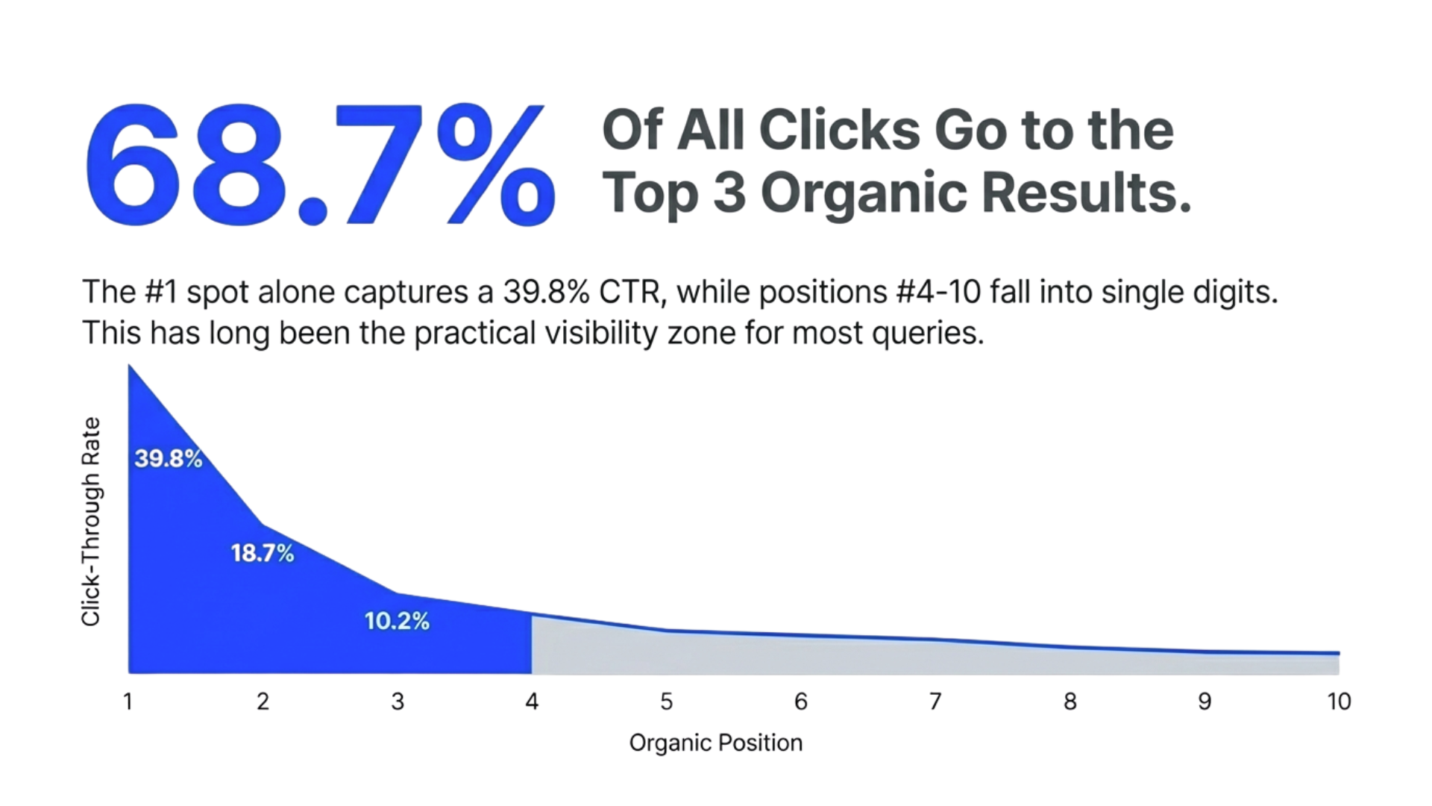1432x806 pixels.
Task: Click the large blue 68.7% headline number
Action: (319, 166)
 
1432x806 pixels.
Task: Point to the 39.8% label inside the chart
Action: (169, 458)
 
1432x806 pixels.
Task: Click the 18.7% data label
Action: (263, 553)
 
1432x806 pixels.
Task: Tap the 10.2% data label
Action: (397, 621)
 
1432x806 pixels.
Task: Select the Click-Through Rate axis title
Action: (90, 521)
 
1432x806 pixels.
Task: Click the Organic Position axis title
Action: (716, 743)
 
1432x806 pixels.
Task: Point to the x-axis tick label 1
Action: (128, 702)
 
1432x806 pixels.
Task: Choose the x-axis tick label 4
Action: (532, 702)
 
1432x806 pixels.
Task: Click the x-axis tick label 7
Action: (935, 702)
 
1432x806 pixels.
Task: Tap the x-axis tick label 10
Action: (1339, 702)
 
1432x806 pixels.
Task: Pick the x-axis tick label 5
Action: (666, 702)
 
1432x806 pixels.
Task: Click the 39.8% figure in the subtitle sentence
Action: (546, 292)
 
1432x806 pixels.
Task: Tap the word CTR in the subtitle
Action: (632, 292)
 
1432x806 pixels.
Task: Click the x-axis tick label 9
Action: (1205, 702)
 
